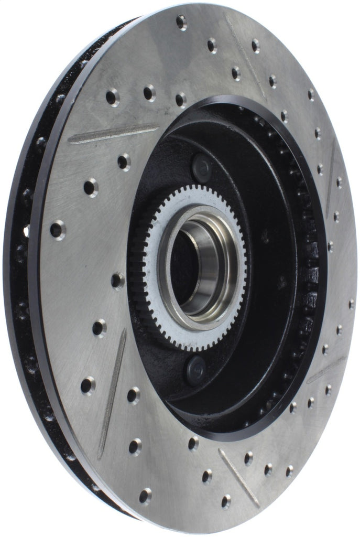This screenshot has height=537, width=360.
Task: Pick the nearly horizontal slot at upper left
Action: coord(113,134)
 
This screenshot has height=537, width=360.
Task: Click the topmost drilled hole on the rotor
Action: coord(181,22)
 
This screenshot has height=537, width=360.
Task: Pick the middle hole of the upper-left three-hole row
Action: coord(149,93)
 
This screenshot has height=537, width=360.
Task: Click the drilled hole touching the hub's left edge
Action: coord(117,281)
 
